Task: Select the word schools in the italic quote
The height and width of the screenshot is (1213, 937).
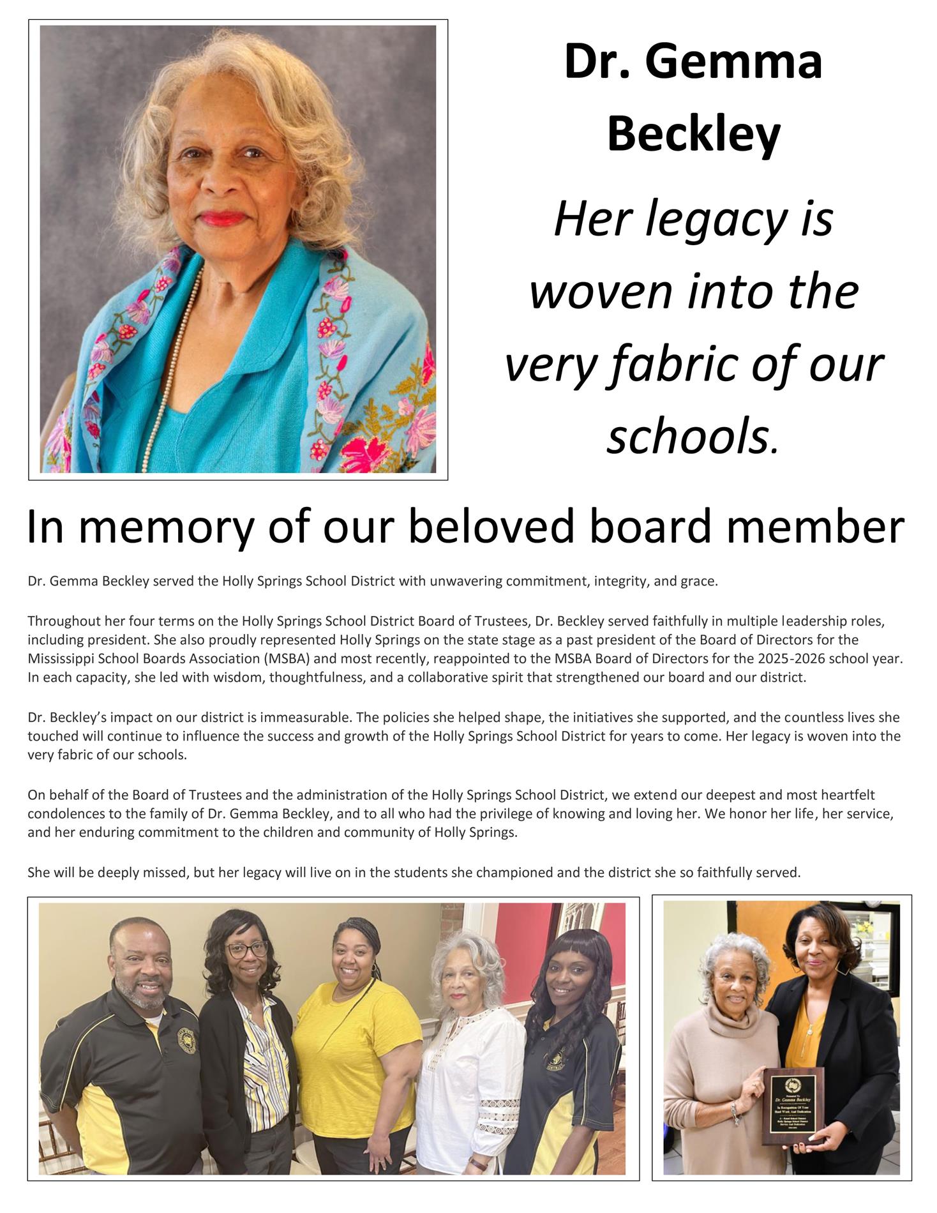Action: [x=687, y=437]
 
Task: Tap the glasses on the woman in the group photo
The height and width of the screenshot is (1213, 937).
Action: [x=246, y=949]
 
